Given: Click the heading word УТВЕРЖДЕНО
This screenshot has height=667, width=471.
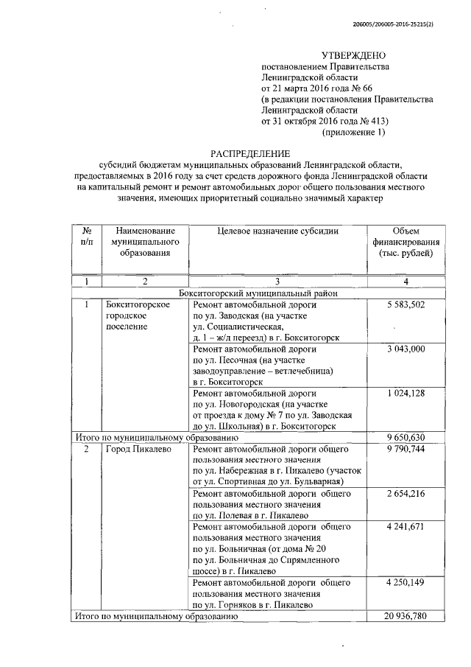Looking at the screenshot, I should pos(355,56).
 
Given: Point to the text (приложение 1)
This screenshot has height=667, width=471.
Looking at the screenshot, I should pos(355,133).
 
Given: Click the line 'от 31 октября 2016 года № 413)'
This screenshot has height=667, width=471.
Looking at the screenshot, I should pos(325,122).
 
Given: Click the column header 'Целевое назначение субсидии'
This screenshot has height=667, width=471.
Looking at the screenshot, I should pos(278,231).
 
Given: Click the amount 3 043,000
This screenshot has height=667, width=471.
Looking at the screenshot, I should pos(406,349).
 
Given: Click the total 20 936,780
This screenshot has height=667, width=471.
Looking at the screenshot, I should pos(406,615).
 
